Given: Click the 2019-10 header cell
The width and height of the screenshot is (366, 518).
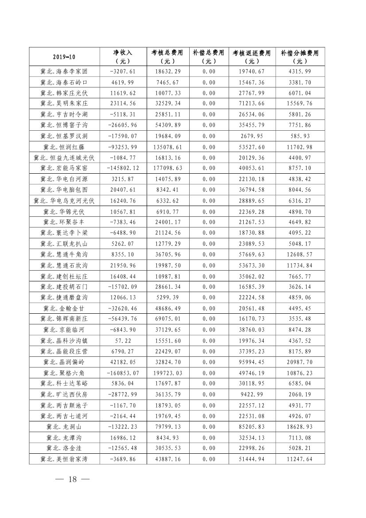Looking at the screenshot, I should [65, 57].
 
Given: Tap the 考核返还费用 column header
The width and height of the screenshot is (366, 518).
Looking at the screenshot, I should [251, 57].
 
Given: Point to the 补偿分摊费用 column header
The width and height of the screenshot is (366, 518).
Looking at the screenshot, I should [300, 57].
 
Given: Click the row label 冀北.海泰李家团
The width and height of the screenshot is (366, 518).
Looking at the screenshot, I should [65, 71].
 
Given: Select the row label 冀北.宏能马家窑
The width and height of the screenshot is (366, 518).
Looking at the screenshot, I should [65, 168].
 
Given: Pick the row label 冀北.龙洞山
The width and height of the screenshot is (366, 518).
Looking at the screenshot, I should [65, 427].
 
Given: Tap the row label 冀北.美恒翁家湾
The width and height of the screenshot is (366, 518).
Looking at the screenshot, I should [65, 459].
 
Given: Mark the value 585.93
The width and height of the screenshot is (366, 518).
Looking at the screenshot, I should [300, 136].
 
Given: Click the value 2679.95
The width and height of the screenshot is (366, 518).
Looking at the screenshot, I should [251, 136].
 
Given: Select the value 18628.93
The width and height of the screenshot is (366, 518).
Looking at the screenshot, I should [300, 427].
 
